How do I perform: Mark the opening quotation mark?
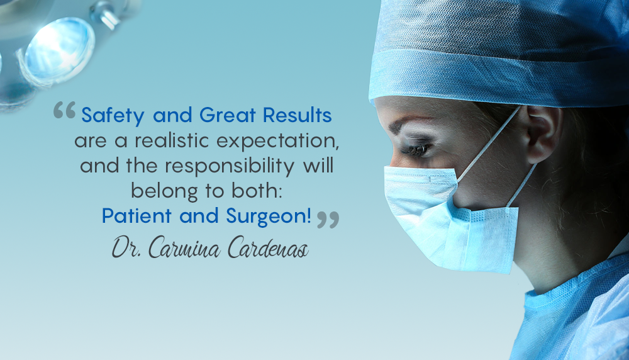tap(64, 111)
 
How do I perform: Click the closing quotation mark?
tap(327, 219)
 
